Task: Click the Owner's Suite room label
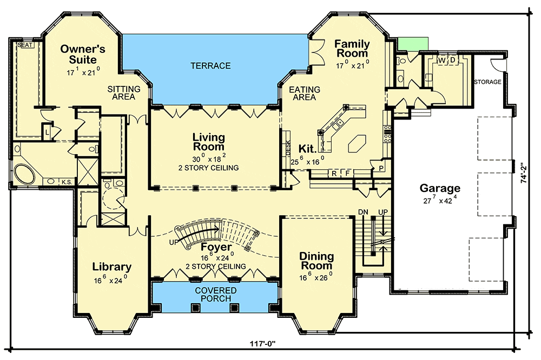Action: (83, 54)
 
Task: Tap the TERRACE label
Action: (210, 65)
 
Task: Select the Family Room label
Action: (352, 49)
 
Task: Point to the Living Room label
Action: (209, 142)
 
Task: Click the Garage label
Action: (440, 188)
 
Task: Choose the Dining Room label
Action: (316, 261)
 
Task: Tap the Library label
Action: (112, 266)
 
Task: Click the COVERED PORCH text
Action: (216, 295)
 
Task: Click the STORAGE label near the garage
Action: (487, 82)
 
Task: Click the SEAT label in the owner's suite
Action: (24, 45)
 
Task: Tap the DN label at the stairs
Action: (363, 211)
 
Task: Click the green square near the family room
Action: (413, 44)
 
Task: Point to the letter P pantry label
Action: (381, 169)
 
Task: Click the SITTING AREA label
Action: (123, 93)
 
